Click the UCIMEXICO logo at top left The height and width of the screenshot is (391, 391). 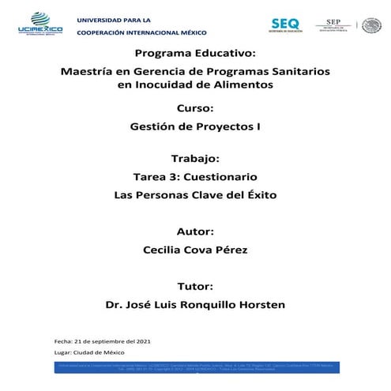[39, 24]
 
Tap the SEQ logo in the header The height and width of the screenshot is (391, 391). [285, 24]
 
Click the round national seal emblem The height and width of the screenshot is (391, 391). [371, 24]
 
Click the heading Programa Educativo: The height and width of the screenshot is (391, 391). [195, 54]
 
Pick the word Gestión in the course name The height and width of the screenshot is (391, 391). [151, 125]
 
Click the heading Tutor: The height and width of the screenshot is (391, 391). [195, 284]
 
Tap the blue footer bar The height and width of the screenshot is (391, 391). [195, 369]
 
